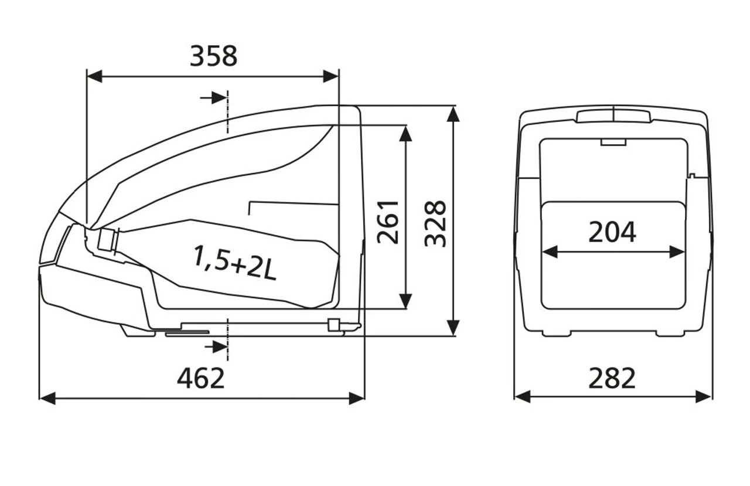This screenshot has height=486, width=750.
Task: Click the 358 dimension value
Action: pos(213,56)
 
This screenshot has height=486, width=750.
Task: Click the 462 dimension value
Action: pos(201,379)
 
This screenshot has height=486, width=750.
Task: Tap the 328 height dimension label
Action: pos(435,223)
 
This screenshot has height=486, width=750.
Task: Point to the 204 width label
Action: pos(612,232)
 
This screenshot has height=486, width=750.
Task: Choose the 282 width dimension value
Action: pos(612,378)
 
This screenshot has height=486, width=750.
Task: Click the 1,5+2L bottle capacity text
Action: pos(234,263)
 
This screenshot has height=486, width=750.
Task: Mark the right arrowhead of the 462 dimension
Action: pos(357,399)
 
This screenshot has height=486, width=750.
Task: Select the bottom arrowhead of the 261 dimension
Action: pos(405,301)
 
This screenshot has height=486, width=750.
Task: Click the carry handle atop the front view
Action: pos(613,115)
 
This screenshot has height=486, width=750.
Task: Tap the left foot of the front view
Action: pos(556,333)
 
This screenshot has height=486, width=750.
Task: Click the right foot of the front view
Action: pos(670,333)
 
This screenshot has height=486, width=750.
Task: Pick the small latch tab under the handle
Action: pos(613,142)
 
